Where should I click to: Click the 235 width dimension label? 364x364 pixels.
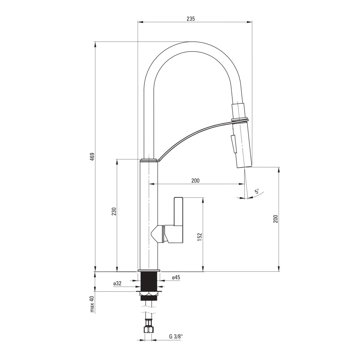[190, 19]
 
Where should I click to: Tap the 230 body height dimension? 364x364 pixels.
[114, 211]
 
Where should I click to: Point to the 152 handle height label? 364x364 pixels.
[200, 237]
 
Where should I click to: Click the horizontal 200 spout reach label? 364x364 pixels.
[195, 180]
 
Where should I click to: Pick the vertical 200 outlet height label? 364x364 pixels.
[276, 219]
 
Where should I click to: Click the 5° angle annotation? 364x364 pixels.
[257, 191]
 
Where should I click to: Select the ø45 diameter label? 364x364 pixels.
[176, 278]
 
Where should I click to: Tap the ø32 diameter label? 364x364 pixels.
[117, 283]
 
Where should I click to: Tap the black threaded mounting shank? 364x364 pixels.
[149, 281]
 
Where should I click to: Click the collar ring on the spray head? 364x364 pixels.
[240, 119]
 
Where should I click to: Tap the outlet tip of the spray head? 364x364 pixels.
[244, 167]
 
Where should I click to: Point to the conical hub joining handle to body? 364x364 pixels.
[158, 234]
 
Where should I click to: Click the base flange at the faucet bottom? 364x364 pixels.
[149, 270]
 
